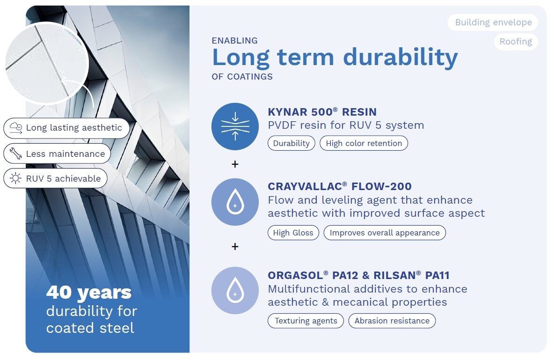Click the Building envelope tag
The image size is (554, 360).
coord(493,22)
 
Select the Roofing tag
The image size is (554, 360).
coord(516,42)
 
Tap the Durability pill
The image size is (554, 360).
coord(292,143)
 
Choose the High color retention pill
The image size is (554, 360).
coord(364,143)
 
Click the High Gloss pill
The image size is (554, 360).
coord(293,233)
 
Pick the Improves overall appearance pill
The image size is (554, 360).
coord(385,233)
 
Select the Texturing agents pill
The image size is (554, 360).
coord(306,321)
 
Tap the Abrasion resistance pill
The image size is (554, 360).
coord(392,321)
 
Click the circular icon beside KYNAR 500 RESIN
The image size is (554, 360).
coord(235,126)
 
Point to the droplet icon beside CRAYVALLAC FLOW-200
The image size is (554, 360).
coord(235,202)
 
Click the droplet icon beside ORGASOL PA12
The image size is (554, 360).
coord(235,290)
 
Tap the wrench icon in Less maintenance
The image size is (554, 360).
coord(15,154)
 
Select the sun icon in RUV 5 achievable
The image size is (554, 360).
coord(15,178)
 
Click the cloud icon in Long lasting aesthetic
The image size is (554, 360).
coord(16,128)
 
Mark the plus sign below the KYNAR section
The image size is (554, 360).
coord(235,164)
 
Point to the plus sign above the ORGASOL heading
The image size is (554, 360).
coord(235,247)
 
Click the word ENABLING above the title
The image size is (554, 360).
coord(234,41)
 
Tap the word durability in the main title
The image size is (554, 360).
coord(401,57)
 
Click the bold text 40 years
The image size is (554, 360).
coord(89,292)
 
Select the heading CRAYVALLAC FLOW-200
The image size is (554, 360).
coord(340,186)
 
